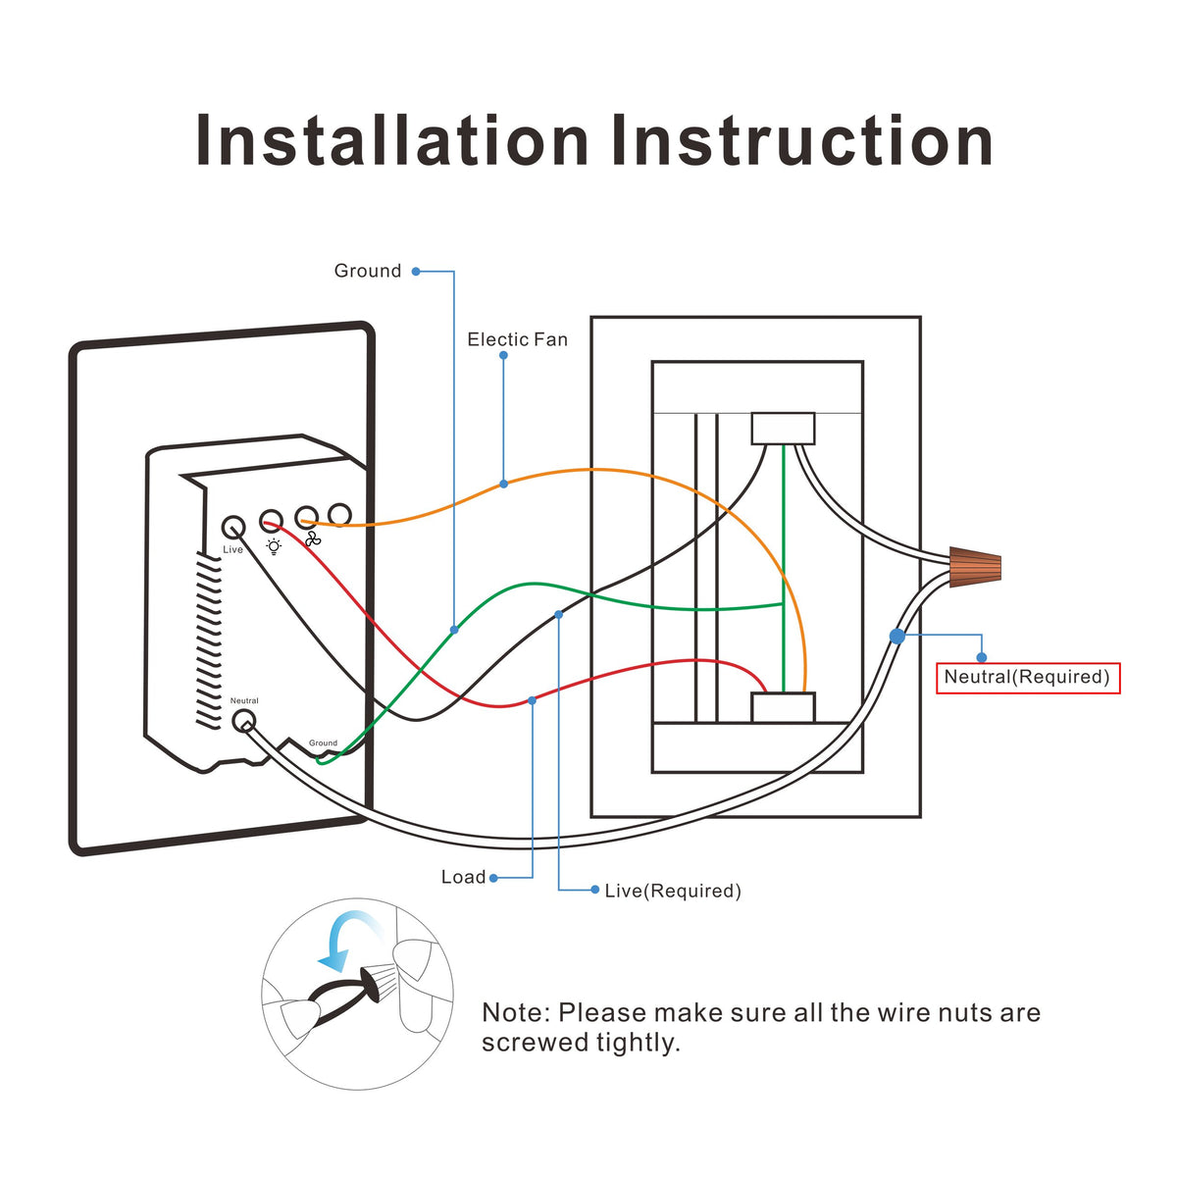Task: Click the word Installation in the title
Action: click(x=392, y=140)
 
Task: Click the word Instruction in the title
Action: click(x=802, y=140)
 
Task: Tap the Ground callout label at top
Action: click(x=368, y=271)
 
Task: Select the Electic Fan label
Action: click(x=517, y=339)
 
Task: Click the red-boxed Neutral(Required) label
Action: click(x=1027, y=677)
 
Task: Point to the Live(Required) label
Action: click(x=672, y=891)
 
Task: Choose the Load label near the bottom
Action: click(x=463, y=877)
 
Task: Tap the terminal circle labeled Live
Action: click(x=232, y=527)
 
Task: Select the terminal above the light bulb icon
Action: click(x=271, y=520)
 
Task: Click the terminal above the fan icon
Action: click(x=306, y=517)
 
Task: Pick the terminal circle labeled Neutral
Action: click(x=243, y=722)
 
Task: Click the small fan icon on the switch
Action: click(x=312, y=539)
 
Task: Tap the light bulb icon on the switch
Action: click(x=273, y=546)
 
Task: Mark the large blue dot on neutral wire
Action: click(x=896, y=636)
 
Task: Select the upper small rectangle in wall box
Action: click(x=783, y=429)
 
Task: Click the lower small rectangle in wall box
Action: click(x=783, y=707)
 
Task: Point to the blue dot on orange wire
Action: click(x=503, y=484)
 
